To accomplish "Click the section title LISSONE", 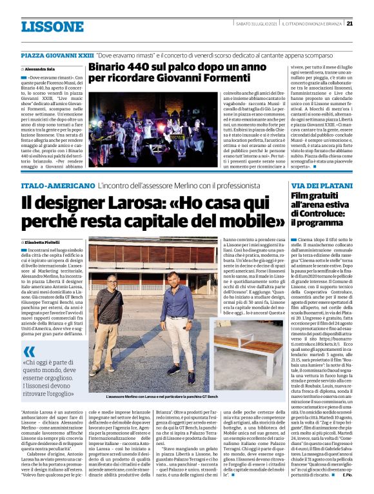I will pos(43,27).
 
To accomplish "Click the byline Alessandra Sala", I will pos(40,68).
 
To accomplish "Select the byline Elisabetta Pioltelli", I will pos(43,241).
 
